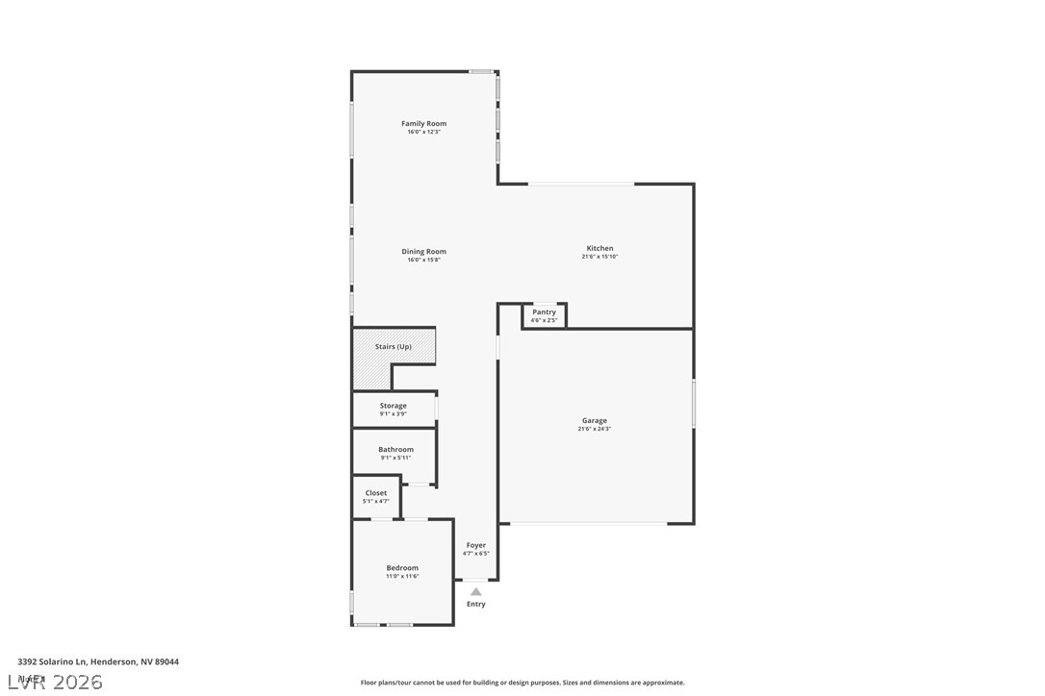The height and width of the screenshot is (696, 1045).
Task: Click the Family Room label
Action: click(x=423, y=123)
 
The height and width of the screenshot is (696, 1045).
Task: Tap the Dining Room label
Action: click(x=423, y=252)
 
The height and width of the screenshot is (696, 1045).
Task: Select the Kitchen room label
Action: click(x=599, y=248)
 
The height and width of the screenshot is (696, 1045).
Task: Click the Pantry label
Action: click(x=544, y=311)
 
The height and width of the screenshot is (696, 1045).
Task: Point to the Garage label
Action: click(x=594, y=420)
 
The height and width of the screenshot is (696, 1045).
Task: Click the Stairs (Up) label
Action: click(x=393, y=346)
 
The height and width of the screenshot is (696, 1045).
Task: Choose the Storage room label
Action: click(x=393, y=406)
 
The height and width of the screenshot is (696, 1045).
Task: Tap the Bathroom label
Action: click(x=395, y=449)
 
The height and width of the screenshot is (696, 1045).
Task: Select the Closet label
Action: click(x=375, y=493)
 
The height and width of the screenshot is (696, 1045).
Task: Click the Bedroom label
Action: click(x=402, y=568)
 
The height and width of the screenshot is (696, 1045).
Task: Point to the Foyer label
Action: click(x=476, y=545)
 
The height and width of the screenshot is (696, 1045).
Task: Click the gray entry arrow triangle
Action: click(x=475, y=592)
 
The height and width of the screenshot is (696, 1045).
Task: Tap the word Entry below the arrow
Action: click(x=476, y=604)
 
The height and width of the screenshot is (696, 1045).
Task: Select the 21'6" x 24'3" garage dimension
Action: click(x=594, y=429)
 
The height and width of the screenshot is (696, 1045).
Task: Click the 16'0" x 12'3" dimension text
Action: click(x=423, y=132)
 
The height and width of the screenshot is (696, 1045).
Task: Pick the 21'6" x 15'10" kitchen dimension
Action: click(x=599, y=257)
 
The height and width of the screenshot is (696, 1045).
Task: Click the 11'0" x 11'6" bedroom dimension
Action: click(x=402, y=576)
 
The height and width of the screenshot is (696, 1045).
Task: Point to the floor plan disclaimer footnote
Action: click(x=522, y=683)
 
